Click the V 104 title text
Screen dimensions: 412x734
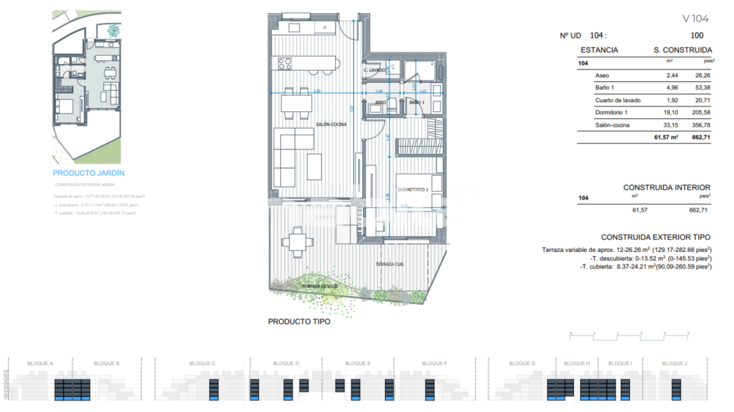pyautogui.click(x=695, y=18)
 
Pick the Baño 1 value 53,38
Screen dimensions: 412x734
pyautogui.click(x=702, y=88)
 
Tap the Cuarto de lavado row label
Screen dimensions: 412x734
pyautogui.click(x=618, y=100)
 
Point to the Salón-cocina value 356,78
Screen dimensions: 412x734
pyautogui.click(x=701, y=125)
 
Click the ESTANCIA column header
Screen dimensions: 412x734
pyautogui.click(x=599, y=50)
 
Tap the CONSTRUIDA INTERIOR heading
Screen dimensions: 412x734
pyautogui.click(x=666, y=188)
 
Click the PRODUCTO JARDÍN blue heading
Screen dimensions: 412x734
pyautogui.click(x=88, y=173)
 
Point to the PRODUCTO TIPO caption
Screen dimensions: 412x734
pyautogui.click(x=299, y=322)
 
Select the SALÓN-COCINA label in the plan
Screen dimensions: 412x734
pyautogui.click(x=331, y=125)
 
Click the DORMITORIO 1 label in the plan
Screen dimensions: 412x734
pyautogui.click(x=413, y=189)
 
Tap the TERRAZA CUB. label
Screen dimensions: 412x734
pyautogui.click(x=389, y=264)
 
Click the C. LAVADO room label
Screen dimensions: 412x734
pyautogui.click(x=374, y=70)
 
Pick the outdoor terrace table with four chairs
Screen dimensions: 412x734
pyautogui.click(x=296, y=241)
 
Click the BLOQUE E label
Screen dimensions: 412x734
pyautogui.click(x=357, y=363)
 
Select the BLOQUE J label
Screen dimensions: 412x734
pyautogui.click(x=674, y=363)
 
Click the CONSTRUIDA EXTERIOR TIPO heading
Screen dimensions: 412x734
pyautogui.click(x=655, y=237)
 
